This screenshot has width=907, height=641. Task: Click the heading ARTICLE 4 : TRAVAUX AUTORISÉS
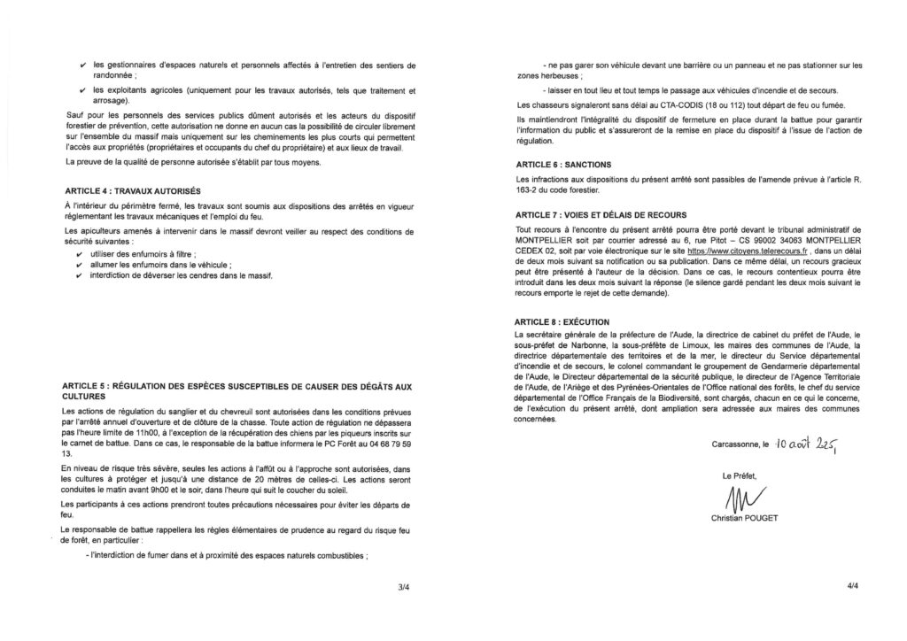tap(133, 191)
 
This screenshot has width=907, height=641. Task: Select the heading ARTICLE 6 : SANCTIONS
tap(567, 165)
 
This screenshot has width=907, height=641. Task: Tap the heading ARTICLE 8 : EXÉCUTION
tap(567, 320)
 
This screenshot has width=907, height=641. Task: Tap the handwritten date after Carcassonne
tap(806, 443)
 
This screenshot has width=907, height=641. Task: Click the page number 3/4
tap(405, 585)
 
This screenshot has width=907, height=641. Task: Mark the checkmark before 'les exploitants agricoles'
tap(82, 90)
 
